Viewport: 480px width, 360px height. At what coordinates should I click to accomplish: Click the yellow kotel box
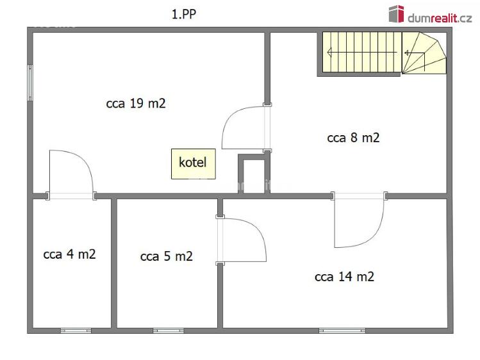click(193, 163)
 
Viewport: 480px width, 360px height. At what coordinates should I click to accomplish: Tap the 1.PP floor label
click(184, 14)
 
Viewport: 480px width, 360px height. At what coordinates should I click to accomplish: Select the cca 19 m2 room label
click(136, 103)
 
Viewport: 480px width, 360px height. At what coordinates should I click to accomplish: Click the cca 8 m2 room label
click(353, 138)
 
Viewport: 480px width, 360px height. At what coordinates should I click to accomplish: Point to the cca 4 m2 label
click(69, 254)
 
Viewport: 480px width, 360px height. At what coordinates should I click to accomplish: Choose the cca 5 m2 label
click(167, 256)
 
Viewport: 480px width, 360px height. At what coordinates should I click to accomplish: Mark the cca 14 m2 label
click(344, 277)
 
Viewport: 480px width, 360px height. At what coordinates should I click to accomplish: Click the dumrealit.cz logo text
click(440, 18)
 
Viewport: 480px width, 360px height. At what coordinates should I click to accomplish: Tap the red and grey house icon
click(397, 13)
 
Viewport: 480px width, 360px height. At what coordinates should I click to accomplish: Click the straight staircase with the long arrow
click(362, 53)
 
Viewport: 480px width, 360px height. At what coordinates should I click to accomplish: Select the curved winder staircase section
click(424, 53)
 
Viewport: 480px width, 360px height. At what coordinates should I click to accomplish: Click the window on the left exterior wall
click(30, 83)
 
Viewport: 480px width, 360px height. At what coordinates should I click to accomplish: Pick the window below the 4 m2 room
click(76, 331)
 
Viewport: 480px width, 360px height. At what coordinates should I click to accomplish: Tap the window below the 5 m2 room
click(169, 331)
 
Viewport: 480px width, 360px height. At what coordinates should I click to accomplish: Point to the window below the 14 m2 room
click(342, 331)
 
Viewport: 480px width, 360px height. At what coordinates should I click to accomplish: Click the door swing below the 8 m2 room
click(374, 235)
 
